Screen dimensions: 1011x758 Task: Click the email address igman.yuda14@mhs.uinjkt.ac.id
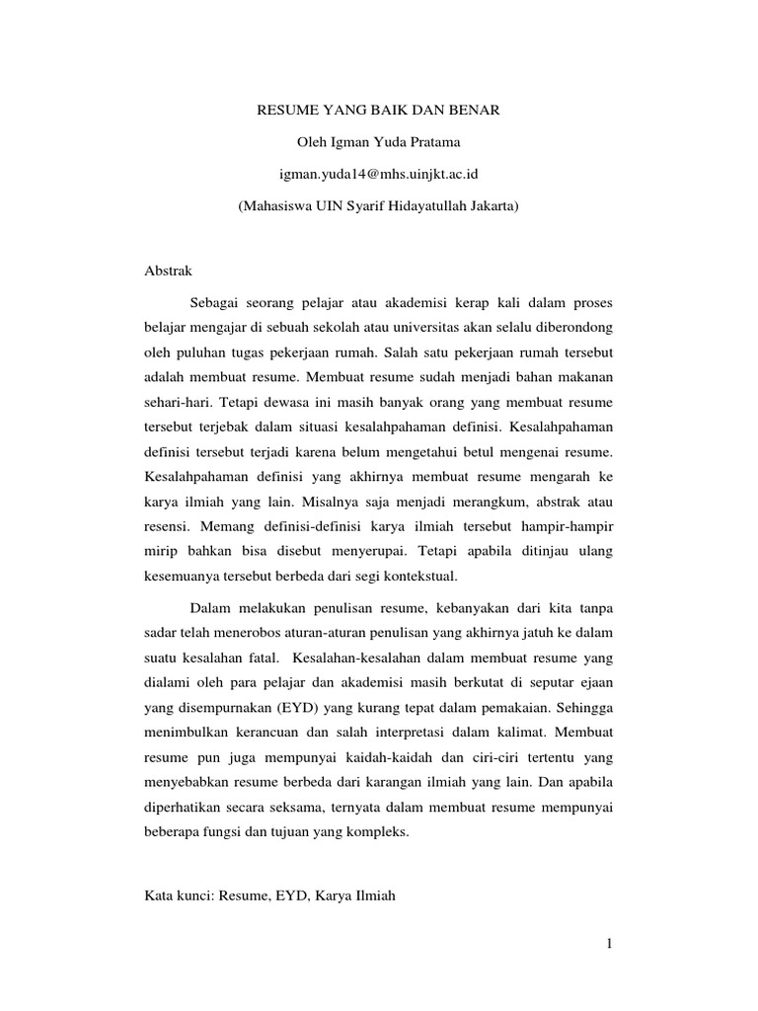tap(379, 175)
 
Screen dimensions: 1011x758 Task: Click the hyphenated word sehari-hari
tap(178, 404)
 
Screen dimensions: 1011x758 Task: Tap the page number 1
tap(610, 945)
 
